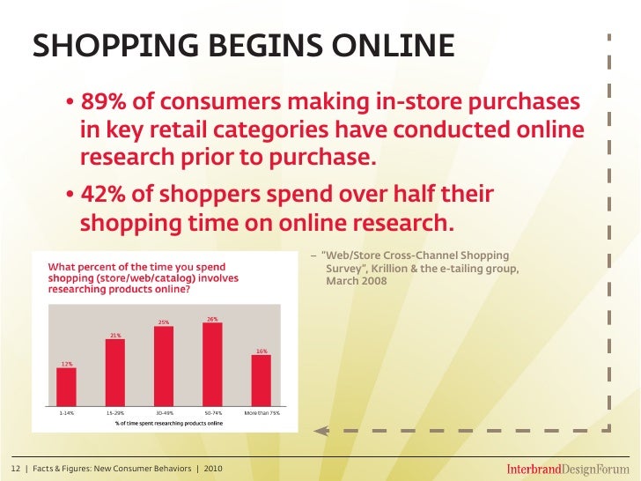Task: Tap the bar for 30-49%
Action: click(164, 363)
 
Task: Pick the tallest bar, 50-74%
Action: click(212, 361)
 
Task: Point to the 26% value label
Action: click(212, 318)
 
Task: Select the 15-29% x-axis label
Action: click(115, 412)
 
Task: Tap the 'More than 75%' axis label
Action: click(261, 412)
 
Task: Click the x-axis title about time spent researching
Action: click(164, 422)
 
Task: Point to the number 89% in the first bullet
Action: click(104, 103)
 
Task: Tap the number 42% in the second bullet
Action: click(104, 194)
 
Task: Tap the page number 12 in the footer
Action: click(15, 466)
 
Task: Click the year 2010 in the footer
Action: click(214, 466)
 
